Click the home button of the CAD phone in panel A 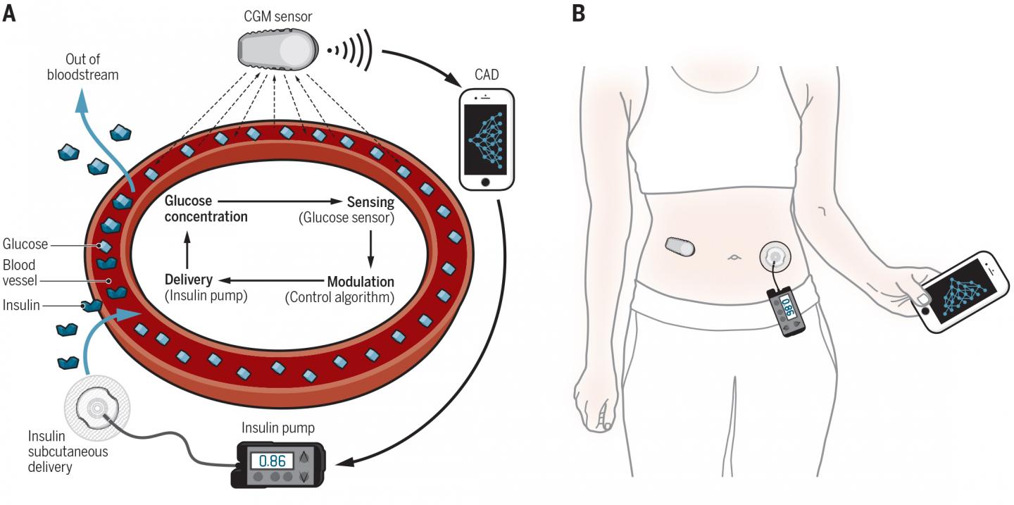pyautogui.click(x=486, y=182)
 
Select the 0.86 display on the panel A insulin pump pyautogui.click(x=272, y=461)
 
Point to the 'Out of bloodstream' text pyautogui.click(x=92, y=67)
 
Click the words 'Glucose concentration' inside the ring pyautogui.click(x=206, y=208)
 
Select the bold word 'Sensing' pyautogui.click(x=370, y=202)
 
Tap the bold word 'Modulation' pyautogui.click(x=360, y=282)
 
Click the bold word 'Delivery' pyautogui.click(x=188, y=280)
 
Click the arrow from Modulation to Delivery pyautogui.click(x=273, y=280)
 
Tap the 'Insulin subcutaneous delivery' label pyautogui.click(x=58, y=451)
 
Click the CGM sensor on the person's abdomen pyautogui.click(x=680, y=247)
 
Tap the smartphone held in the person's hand pyautogui.click(x=961, y=291)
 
